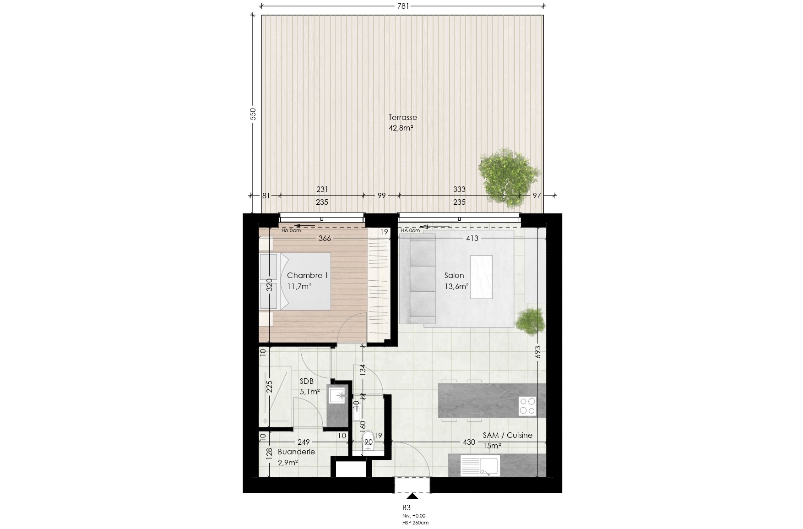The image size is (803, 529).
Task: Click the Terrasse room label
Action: click(402, 117)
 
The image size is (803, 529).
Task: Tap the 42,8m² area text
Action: click(401, 128)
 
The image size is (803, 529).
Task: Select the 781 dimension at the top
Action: click(403, 6)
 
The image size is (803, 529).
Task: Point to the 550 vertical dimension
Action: click(253, 114)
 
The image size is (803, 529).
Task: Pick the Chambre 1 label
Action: click(307, 275)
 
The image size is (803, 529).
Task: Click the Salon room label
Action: click(454, 275)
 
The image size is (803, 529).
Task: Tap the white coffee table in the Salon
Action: click(481, 277)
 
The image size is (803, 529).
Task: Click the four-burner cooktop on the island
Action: click(527, 406)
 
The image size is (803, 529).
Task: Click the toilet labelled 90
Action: click(368, 443)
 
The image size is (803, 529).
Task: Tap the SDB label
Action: click(307, 381)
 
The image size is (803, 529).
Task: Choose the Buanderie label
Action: click(296, 452)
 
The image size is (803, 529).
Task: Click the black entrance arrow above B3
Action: click(412, 496)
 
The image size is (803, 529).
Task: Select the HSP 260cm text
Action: click(416, 523)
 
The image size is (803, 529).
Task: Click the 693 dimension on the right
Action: click(537, 352)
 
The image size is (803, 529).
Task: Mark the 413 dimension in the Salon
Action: click(472, 238)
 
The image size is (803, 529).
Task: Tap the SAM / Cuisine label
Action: click(507, 436)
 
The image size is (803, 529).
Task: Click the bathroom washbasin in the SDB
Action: click(337, 396)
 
